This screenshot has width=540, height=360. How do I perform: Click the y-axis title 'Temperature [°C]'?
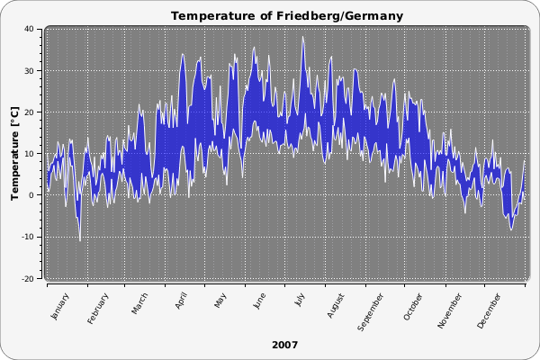(x=14, y=153)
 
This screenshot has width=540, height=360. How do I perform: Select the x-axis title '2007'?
(x=284, y=345)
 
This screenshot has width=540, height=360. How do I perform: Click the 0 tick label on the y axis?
(x=31, y=195)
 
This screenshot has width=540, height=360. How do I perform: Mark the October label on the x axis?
(x=414, y=303)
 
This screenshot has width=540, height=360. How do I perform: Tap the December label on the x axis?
(x=491, y=306)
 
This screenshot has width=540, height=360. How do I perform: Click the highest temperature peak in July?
(x=303, y=37)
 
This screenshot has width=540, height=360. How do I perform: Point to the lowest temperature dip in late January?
(x=79, y=240)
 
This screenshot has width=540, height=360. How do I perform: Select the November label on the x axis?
(x=451, y=306)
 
